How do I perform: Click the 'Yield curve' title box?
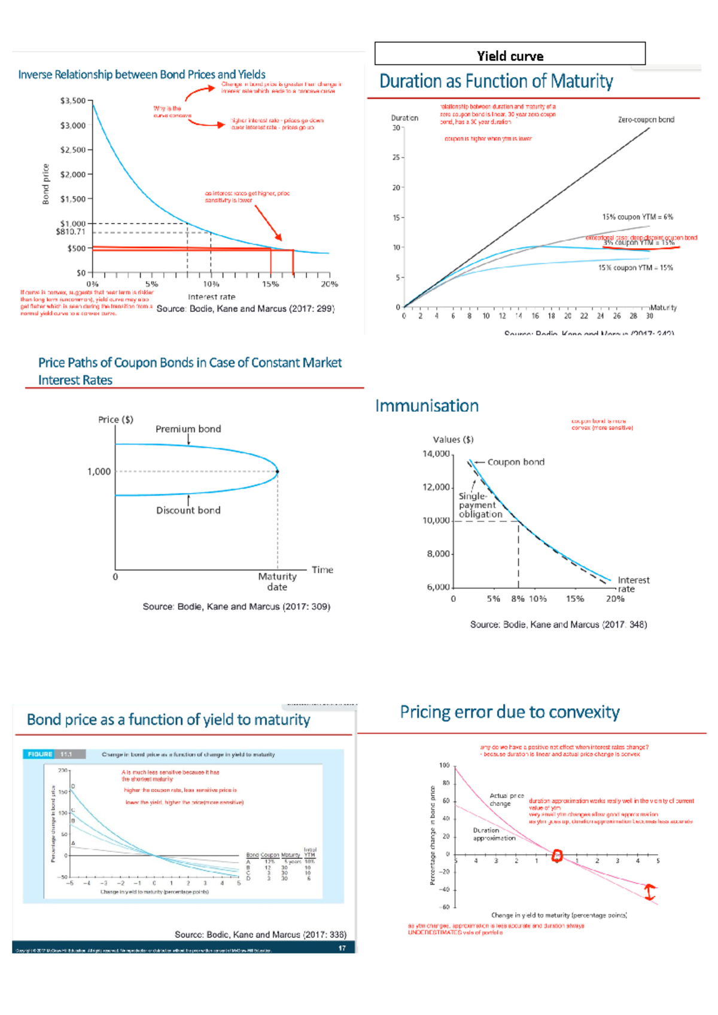[510, 54]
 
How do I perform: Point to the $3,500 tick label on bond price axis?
[73, 100]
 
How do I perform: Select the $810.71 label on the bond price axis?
[71, 232]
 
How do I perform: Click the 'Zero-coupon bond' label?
[646, 120]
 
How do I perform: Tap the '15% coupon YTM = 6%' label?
[637, 217]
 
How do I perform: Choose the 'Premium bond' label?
[188, 429]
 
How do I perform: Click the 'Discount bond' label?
[188, 510]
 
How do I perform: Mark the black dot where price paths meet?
[277, 472]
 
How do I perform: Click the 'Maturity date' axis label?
[277, 582]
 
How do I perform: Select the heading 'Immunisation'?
[427, 406]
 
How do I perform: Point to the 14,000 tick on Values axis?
[436, 454]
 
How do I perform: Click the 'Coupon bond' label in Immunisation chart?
[516, 462]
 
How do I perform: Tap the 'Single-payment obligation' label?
[480, 505]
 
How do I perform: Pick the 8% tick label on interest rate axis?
[518, 598]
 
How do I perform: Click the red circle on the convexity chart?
[557, 856]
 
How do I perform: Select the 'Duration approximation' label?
[494, 834]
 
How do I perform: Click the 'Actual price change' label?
[506, 800]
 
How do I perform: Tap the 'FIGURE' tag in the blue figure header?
[40, 754]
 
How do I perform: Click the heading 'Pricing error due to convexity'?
[510, 713]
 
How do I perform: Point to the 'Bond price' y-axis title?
[45, 184]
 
